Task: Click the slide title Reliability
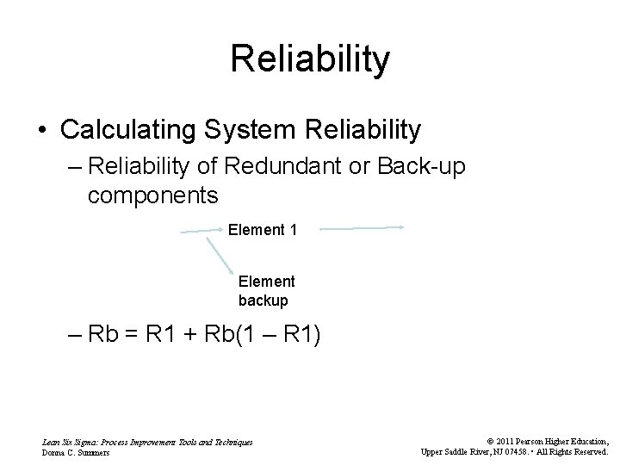point(310,59)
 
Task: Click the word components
point(152,195)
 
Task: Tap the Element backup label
point(266,291)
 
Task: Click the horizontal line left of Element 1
point(202,231)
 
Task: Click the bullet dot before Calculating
point(41,131)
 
